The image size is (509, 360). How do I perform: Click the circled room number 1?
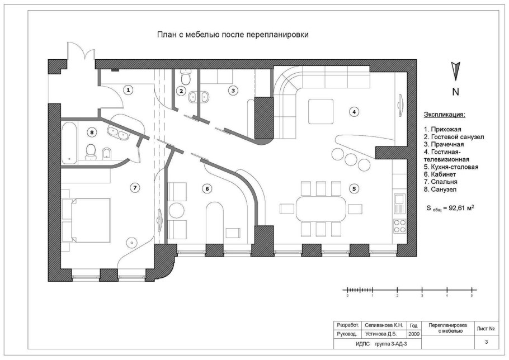click(128, 89)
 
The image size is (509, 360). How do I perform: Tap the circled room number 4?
click(354, 112)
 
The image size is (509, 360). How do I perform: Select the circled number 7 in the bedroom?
click(134, 187)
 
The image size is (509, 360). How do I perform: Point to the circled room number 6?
click(208, 189)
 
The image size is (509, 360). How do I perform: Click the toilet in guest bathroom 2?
click(186, 74)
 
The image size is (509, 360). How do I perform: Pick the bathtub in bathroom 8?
click(68, 143)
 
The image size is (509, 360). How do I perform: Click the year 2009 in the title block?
click(414, 334)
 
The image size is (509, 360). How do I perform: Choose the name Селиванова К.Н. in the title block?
click(384, 324)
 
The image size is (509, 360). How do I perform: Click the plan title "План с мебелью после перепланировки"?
click(233, 35)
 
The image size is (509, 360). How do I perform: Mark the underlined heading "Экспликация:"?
click(444, 115)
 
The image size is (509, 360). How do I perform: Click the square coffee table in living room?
click(321, 111)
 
